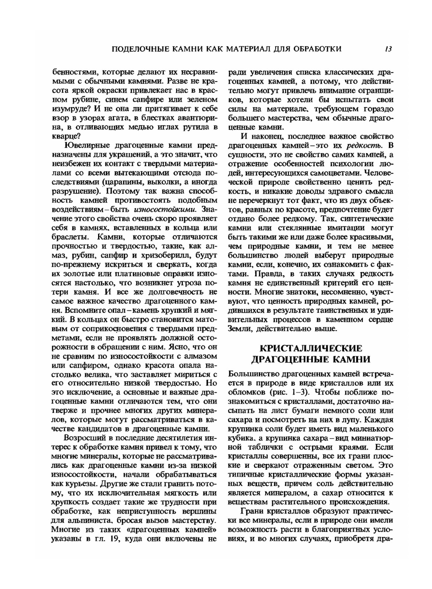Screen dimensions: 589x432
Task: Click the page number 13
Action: (x=388, y=49)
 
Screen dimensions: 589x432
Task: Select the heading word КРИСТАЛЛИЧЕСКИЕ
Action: (x=311, y=348)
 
